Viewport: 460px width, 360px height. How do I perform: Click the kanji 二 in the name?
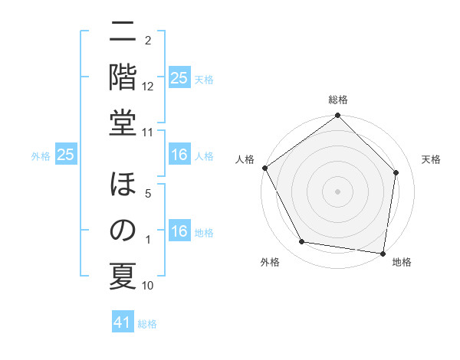coord(123,32)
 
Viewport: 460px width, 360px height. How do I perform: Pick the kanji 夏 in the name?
coord(123,275)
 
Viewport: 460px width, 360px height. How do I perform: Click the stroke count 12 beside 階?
coord(148,87)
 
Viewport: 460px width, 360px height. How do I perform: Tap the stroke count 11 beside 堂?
coord(148,133)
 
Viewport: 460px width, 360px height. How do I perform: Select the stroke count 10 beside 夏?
coord(148,286)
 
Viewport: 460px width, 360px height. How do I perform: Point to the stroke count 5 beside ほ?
coord(148,195)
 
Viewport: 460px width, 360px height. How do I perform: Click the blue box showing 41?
coord(123,322)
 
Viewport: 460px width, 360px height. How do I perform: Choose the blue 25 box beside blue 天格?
coord(179,78)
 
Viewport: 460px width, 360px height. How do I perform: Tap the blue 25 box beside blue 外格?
coord(66,155)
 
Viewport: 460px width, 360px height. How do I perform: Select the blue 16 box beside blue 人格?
coord(179,155)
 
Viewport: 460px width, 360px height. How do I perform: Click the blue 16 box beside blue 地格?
coord(179,232)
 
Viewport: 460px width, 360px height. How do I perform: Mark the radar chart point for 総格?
coord(337,116)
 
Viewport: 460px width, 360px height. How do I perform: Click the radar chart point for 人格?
coord(265,168)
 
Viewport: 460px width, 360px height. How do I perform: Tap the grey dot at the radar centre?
coord(337,191)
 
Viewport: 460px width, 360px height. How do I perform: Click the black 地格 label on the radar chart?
coord(402,262)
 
